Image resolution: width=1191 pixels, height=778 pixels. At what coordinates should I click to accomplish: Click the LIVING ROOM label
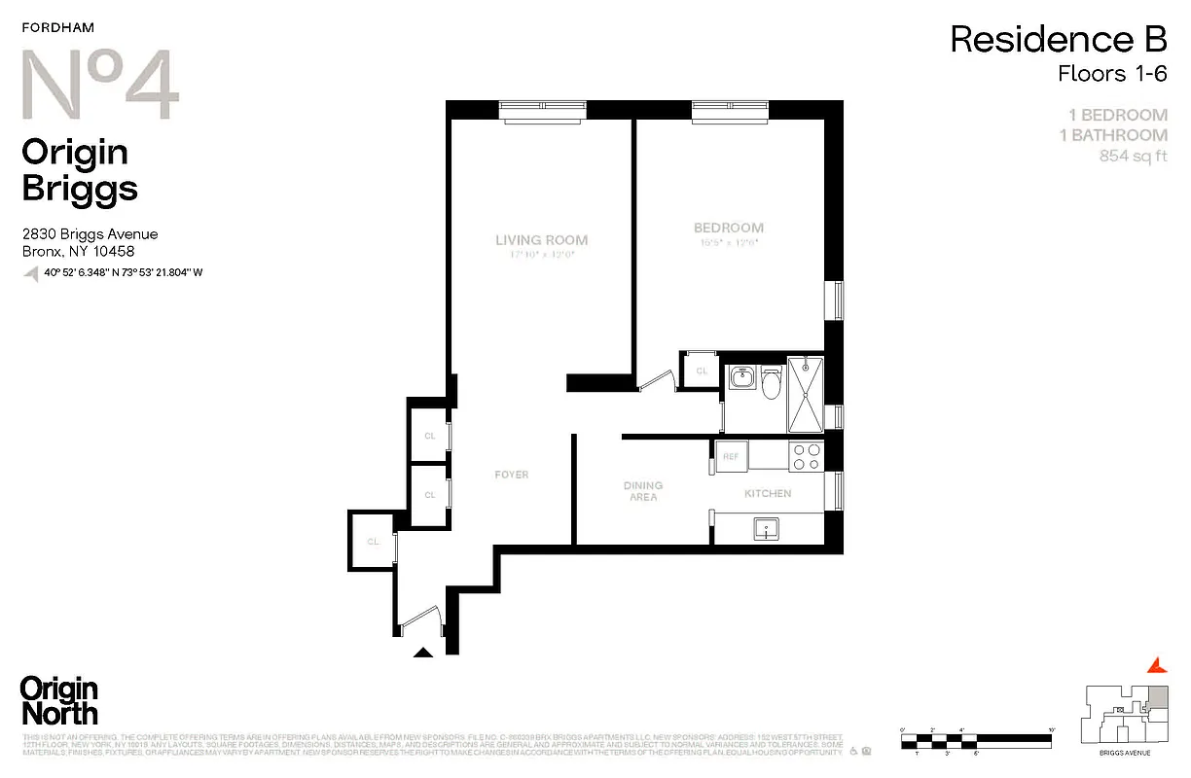tap(541, 240)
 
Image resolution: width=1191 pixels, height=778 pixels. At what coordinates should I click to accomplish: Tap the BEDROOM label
tap(728, 229)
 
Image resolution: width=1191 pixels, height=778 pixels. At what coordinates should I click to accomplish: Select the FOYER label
tap(511, 475)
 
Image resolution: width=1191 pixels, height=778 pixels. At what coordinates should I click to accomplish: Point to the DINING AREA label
tap(643, 491)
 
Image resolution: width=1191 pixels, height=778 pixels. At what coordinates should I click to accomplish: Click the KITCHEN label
tap(768, 493)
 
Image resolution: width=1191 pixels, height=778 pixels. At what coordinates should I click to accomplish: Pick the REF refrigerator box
tap(730, 456)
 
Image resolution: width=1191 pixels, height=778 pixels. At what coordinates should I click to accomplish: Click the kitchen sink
tap(767, 529)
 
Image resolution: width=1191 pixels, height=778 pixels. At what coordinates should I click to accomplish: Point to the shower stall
tap(805, 394)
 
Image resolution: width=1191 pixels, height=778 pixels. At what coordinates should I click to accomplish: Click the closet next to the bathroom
tap(702, 371)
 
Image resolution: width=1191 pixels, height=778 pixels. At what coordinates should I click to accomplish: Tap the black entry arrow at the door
tap(423, 653)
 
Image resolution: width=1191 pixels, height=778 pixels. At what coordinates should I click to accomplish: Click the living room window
tap(542, 110)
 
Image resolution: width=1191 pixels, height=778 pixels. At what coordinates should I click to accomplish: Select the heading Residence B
tap(1058, 40)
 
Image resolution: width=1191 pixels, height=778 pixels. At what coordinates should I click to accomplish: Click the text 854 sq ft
tap(1133, 157)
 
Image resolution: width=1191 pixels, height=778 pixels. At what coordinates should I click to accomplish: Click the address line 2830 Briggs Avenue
tap(90, 234)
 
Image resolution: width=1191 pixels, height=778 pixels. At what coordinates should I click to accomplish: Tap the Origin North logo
tap(59, 701)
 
